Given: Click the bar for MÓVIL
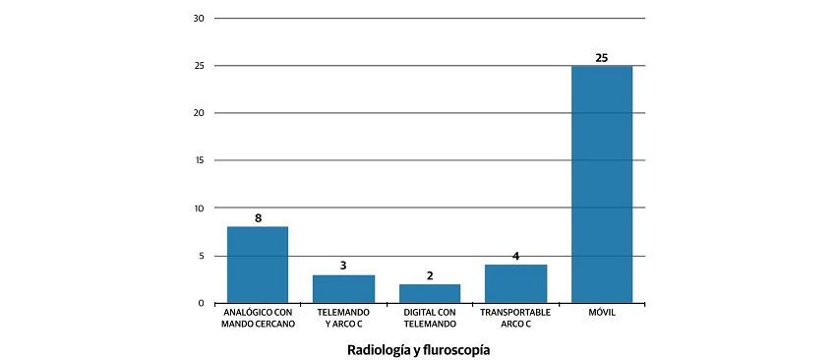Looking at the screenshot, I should pos(602,184).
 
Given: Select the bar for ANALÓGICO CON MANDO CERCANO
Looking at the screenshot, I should pos(258,265).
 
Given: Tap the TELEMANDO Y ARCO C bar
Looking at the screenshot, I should pos(343,288).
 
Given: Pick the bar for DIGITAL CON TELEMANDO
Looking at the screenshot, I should pos(430,293).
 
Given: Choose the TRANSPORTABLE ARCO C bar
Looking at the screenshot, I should pos(515,283).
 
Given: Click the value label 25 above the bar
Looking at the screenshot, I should pos(602,57).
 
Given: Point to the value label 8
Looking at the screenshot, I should pos(258,217).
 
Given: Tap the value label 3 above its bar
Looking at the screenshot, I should pos(343,266).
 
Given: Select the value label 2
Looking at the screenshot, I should pos(430,275).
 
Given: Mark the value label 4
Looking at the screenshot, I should pos(515,256).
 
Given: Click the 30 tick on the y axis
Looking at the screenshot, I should pos(199,19).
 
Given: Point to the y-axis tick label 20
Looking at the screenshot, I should pos(199,113).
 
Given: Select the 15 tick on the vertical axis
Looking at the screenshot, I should pos(199,160).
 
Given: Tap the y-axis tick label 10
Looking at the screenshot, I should pos(199,209).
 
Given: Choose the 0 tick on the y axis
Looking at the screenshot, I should pos(202,303).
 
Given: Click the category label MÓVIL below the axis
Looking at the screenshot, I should pos(602,313).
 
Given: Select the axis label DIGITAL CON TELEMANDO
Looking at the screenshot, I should pos(430,318).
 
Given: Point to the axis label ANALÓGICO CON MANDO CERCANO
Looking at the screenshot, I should pos(258,318).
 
